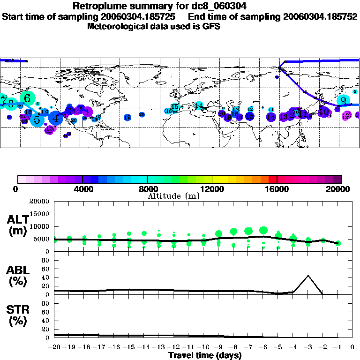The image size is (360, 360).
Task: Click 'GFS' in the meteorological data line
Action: click(211, 26)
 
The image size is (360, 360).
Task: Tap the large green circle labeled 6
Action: click(27, 98)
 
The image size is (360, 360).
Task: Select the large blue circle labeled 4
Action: click(56, 118)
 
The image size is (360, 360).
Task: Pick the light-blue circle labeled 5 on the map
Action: click(37, 120)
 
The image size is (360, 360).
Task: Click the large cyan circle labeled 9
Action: click(343, 100)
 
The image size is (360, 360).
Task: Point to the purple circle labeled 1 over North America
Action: click(86, 112)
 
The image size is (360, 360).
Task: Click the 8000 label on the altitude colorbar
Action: click(147, 189)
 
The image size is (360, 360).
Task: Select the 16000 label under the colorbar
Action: click(277, 189)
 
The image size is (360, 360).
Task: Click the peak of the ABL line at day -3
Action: click(308, 276)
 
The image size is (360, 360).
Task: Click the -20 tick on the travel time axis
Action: click(54, 347)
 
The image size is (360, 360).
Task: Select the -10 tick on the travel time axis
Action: click(203, 347)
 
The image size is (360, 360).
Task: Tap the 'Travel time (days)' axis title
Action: click(205, 355)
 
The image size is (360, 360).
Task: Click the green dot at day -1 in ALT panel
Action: click(338, 243)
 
